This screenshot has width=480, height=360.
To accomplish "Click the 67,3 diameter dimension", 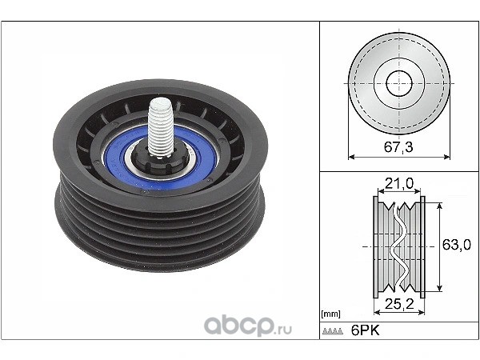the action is [398, 147].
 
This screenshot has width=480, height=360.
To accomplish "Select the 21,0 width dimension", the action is [399, 183].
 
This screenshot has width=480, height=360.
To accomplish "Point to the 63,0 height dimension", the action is [457, 245].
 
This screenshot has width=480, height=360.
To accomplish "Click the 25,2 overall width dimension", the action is [399, 304].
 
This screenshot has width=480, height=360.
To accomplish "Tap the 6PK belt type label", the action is [365, 330].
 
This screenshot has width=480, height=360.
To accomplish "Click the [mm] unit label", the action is [330, 314].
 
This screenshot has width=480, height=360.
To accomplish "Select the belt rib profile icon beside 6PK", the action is [333, 331].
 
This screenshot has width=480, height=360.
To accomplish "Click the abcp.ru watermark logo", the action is [248, 326].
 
